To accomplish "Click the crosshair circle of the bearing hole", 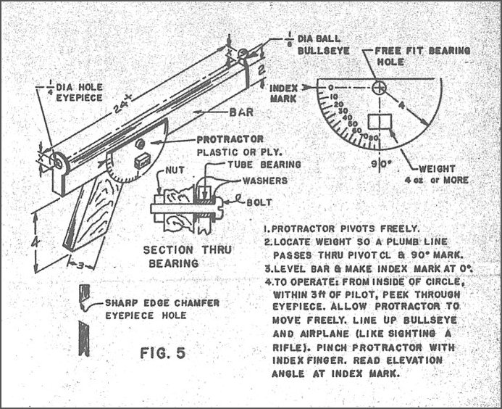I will (x=378, y=88).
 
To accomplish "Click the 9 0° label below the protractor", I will (x=377, y=162).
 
